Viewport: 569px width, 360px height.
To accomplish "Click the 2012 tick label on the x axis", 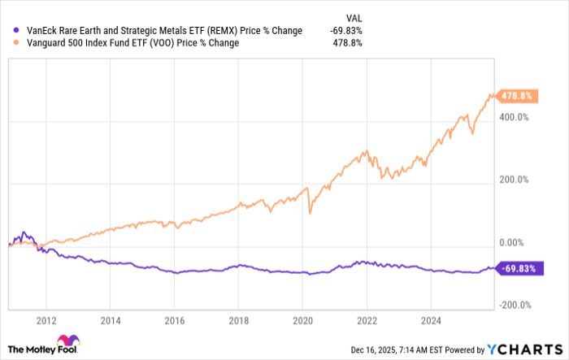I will click(47, 319).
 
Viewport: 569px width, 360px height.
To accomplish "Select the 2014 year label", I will click(111, 319).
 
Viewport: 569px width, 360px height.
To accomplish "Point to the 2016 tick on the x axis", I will click(175, 319).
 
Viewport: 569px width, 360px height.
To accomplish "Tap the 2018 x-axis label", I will click(238, 319).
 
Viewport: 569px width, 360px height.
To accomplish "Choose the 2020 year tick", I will click(302, 319).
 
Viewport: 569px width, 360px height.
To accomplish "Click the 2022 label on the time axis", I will click(367, 319).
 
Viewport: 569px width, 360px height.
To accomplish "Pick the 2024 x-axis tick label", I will click(430, 319).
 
